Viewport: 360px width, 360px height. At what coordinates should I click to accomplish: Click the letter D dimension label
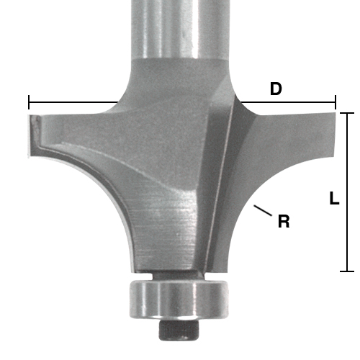pos(276,89)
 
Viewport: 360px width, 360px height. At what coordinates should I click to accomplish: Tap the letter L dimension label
pos(334,199)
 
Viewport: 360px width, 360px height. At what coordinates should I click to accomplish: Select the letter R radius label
pos(284,222)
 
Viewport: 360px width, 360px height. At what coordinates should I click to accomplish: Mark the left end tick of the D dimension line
pos(29,102)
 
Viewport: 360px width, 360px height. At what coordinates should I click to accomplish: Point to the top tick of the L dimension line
pos(347,113)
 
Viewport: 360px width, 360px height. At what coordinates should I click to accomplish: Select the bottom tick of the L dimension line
pos(347,271)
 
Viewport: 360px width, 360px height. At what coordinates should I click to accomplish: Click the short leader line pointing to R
pos(263,212)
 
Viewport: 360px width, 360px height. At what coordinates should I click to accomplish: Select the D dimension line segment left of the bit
pos(72,102)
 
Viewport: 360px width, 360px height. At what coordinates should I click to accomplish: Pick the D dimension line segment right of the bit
pos(288,102)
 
